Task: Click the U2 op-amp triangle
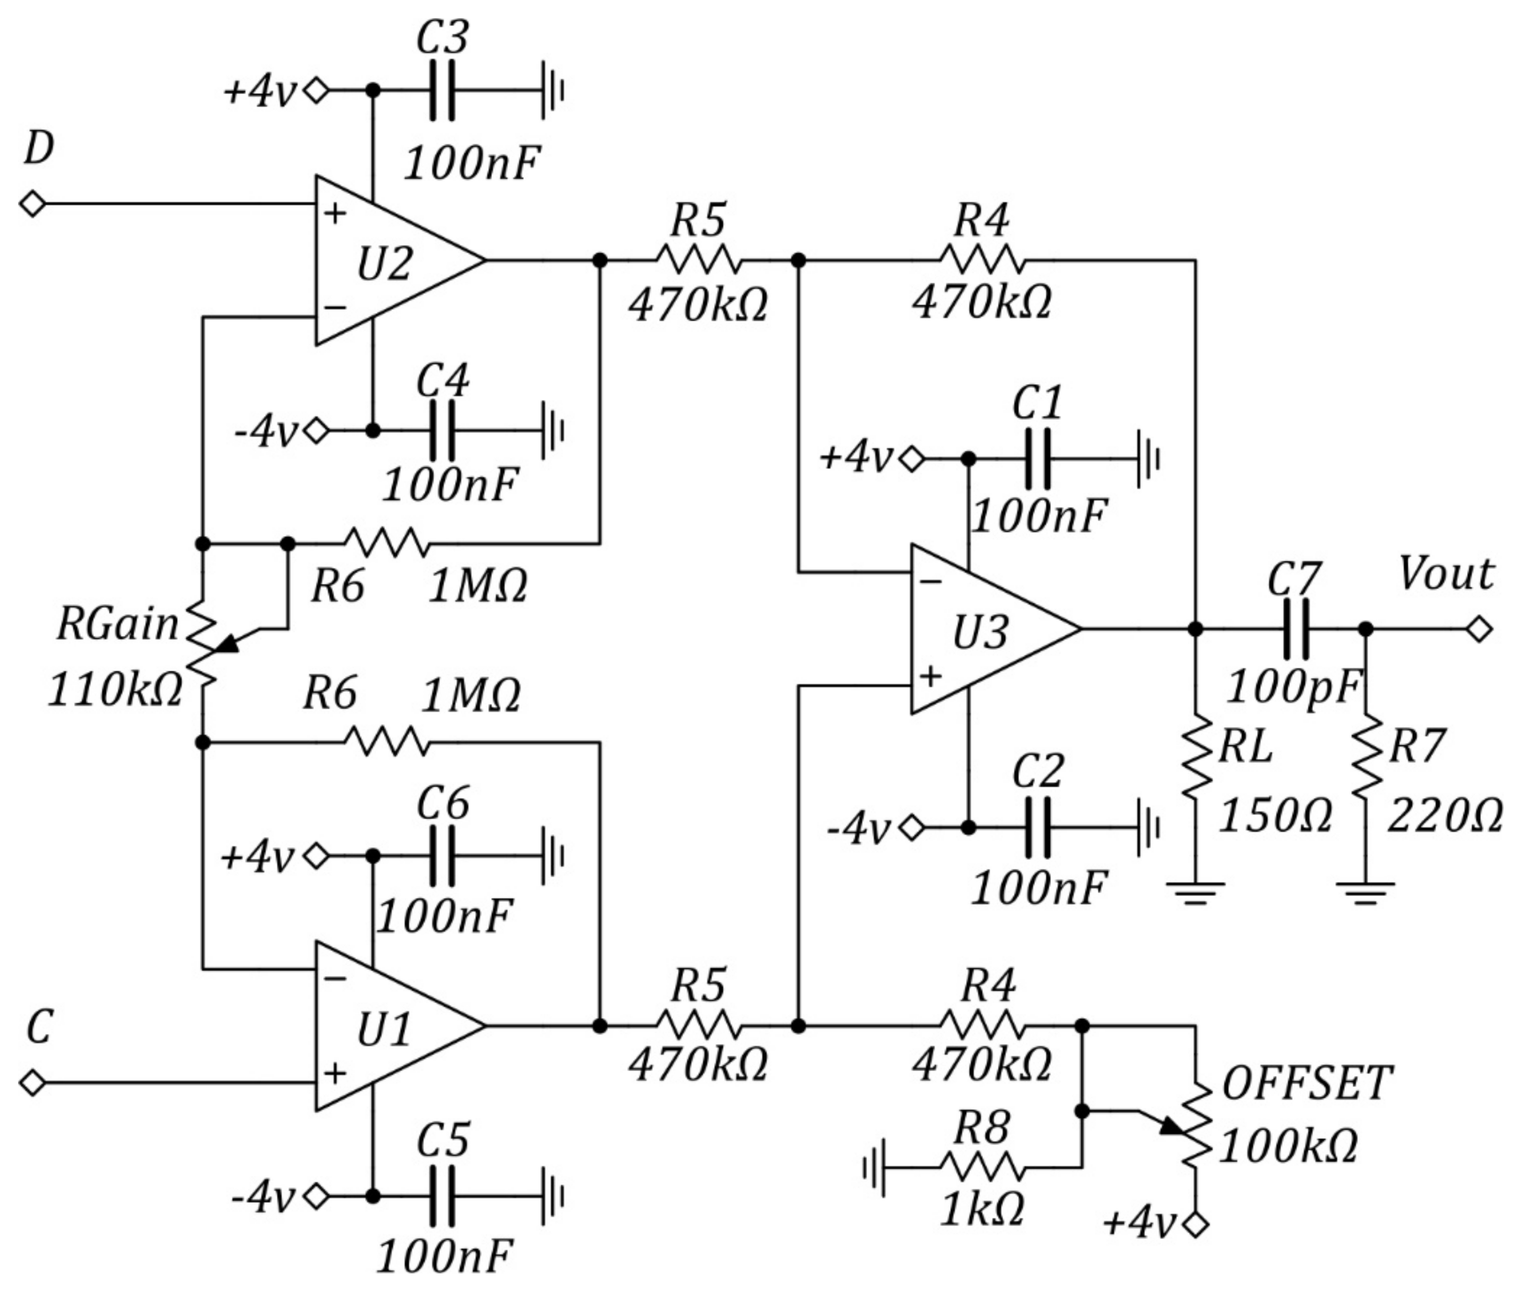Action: (387, 260)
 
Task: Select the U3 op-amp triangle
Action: (984, 629)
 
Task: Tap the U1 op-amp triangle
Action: (387, 1026)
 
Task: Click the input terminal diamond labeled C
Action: (33, 1082)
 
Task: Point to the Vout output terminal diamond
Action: (1479, 629)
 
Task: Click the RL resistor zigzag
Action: (1196, 757)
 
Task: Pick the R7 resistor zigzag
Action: (1365, 757)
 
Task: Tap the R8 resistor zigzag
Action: (982, 1167)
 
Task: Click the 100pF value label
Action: (1293, 688)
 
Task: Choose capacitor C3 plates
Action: (442, 91)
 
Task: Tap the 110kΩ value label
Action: (115, 690)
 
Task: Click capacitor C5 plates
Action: (442, 1196)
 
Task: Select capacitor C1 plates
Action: (1038, 459)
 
